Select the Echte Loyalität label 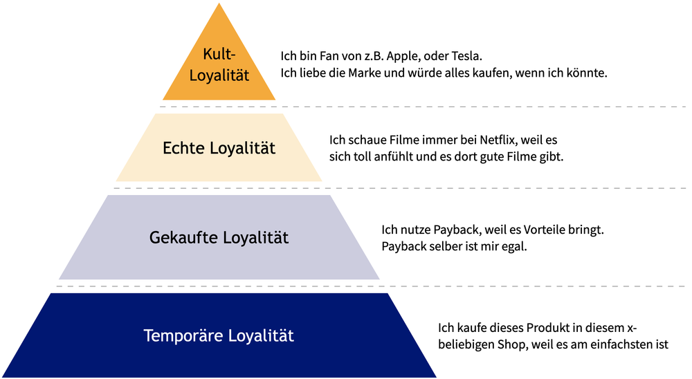point(219,148)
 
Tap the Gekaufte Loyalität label point(219,238)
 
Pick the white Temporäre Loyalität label point(219,336)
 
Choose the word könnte point(588,73)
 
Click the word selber point(448,246)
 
